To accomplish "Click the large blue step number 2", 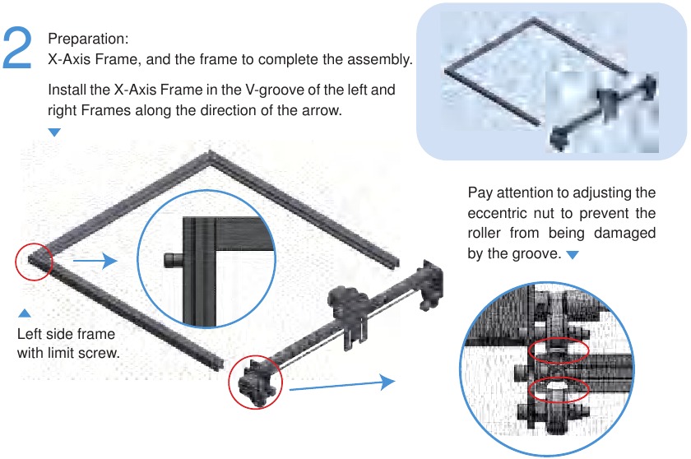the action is click(17, 48).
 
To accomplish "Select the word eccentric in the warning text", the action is click(497, 213).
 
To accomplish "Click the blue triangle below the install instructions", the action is click(54, 132).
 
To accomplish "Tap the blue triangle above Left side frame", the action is click(25, 313).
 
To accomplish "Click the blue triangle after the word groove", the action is click(572, 255).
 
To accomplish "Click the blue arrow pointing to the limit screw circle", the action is click(95, 260).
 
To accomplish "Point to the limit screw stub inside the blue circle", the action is click(174, 260).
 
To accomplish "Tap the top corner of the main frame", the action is click(211, 152).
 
